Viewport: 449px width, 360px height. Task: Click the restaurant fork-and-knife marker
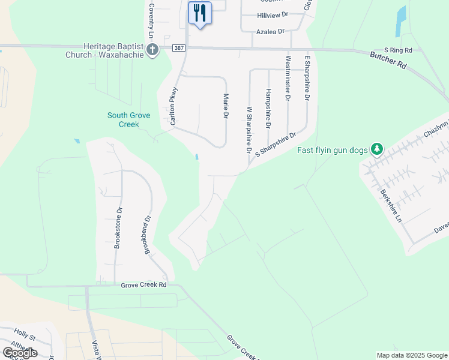click(x=200, y=13)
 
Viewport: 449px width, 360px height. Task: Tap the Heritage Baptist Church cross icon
click(x=152, y=49)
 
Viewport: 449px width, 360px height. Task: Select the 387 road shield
click(x=178, y=48)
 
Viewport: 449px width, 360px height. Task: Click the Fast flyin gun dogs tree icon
click(x=376, y=149)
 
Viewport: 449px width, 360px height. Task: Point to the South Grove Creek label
click(x=128, y=119)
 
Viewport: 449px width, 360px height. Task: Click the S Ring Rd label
click(x=398, y=50)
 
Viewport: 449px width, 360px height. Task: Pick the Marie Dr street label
click(x=226, y=105)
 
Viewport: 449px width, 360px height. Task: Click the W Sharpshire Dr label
click(x=249, y=130)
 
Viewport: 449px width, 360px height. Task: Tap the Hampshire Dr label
click(x=268, y=109)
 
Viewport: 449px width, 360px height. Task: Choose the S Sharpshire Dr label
click(x=276, y=145)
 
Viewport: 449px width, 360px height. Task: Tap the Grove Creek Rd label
click(x=143, y=285)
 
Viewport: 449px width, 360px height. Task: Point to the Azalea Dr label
click(x=270, y=31)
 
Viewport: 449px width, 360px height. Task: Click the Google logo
click(x=20, y=352)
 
